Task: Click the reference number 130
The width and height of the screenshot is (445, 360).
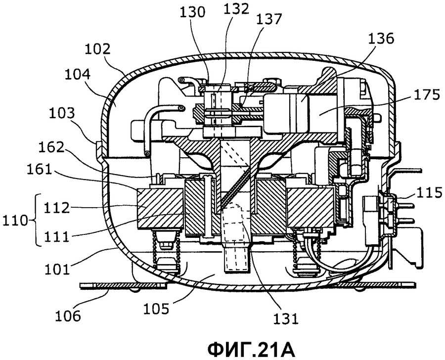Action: pyautogui.click(x=193, y=12)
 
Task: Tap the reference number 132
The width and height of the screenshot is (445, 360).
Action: pyautogui.click(x=236, y=9)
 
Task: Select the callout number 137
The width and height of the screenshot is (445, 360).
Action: pyautogui.click(x=269, y=19)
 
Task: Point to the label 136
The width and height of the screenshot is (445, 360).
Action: pyautogui.click(x=381, y=38)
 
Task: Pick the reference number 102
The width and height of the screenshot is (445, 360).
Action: pyautogui.click(x=97, y=49)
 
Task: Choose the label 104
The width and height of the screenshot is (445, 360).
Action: pyautogui.click(x=78, y=74)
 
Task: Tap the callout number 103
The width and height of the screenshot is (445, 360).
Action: pyautogui.click(x=62, y=113)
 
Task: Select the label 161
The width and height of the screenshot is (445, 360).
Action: pyautogui.click(x=40, y=170)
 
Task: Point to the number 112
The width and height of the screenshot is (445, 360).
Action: pyautogui.click(x=56, y=208)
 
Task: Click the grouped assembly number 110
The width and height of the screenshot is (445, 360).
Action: pyautogui.click(x=15, y=221)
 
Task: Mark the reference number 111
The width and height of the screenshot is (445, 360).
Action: pyautogui.click(x=56, y=236)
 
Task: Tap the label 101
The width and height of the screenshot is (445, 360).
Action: pyautogui.click(x=57, y=269)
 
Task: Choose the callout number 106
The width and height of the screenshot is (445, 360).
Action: pyautogui.click(x=68, y=315)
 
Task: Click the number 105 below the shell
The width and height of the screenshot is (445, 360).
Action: pyautogui.click(x=156, y=309)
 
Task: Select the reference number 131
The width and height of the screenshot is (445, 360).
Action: pyautogui.click(x=286, y=319)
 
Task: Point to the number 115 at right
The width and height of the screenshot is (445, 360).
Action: pyautogui.click(x=429, y=193)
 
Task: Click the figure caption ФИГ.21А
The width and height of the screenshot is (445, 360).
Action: pyautogui.click(x=251, y=350)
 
